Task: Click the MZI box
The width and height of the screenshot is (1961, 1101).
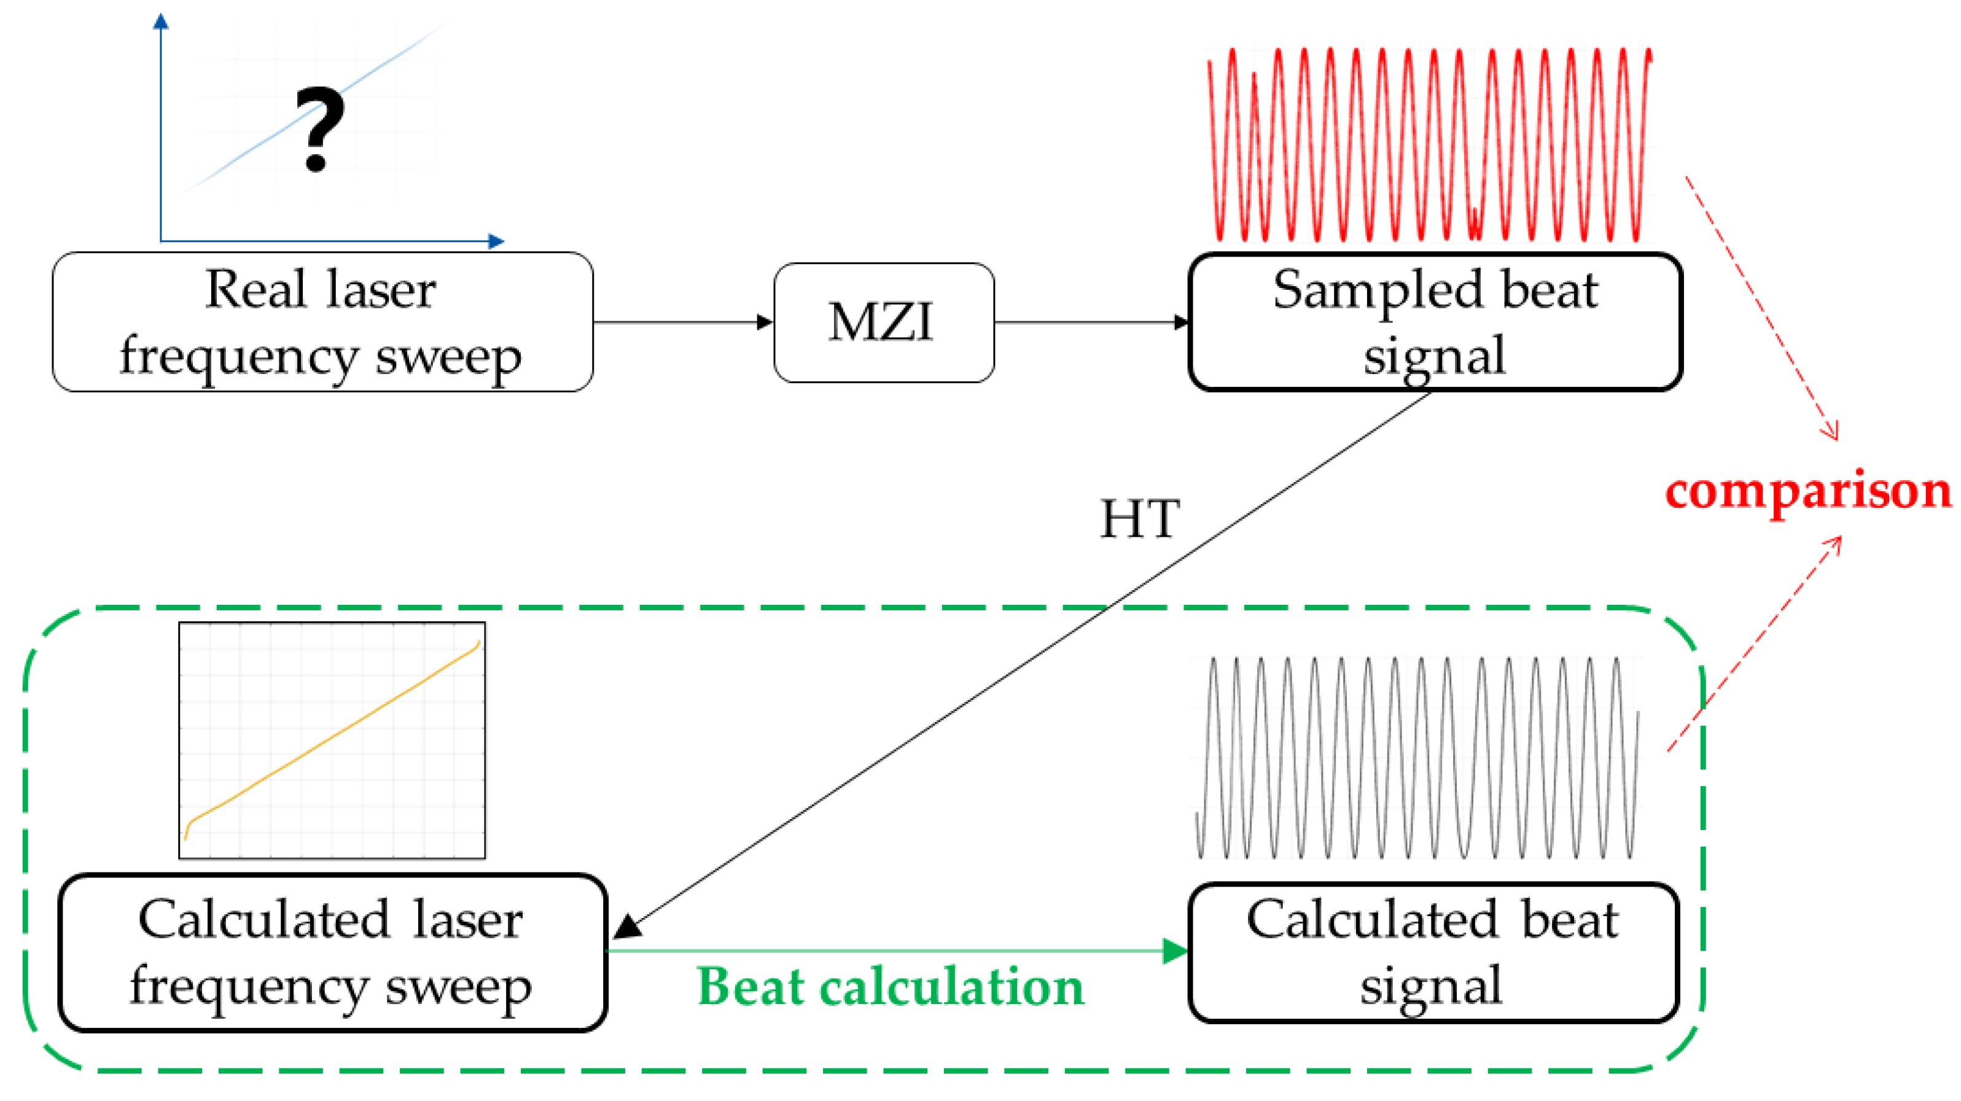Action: (x=883, y=322)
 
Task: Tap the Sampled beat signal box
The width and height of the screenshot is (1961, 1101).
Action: (x=1434, y=322)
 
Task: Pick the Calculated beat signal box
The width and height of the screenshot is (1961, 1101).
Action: (x=1433, y=952)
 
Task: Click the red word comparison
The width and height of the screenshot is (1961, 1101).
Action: (x=1808, y=491)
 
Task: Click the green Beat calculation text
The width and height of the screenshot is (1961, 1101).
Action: (x=890, y=987)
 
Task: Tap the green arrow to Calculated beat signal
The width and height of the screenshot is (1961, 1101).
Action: (x=899, y=951)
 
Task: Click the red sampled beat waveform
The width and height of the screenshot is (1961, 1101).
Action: (x=1430, y=144)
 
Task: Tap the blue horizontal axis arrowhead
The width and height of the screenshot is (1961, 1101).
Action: (x=496, y=241)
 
